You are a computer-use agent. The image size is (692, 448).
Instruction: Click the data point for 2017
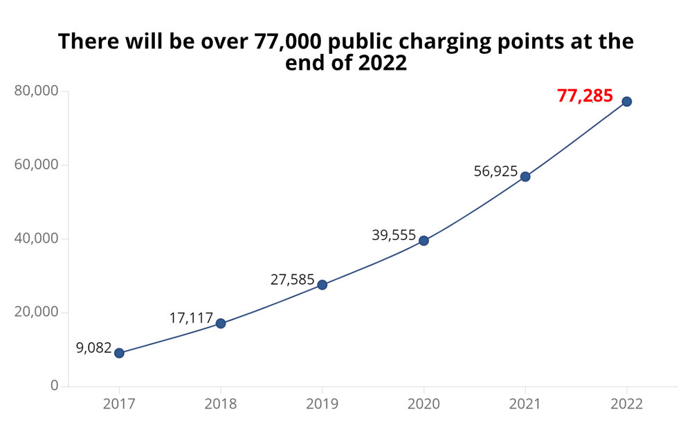119,353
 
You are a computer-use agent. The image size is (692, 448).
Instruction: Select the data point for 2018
221,324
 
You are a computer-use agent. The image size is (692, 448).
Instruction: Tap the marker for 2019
322,285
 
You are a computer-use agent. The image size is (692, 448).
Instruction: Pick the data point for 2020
424,241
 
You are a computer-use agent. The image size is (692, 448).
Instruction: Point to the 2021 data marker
525,176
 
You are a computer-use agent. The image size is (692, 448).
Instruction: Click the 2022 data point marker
627,102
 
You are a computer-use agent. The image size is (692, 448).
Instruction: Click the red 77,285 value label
585,96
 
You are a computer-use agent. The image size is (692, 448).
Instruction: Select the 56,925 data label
495,171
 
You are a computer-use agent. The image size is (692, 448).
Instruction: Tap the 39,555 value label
394,236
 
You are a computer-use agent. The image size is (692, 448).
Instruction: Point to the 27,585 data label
292,281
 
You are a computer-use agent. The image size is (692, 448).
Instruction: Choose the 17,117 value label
191,319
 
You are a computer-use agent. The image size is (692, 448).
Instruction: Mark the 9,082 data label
94,348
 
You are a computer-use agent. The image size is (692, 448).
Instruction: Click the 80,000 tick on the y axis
36,91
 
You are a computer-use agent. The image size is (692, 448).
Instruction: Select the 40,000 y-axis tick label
36,239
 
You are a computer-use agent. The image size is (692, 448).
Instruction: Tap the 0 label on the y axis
54,386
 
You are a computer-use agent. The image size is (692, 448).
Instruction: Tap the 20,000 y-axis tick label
36,312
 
